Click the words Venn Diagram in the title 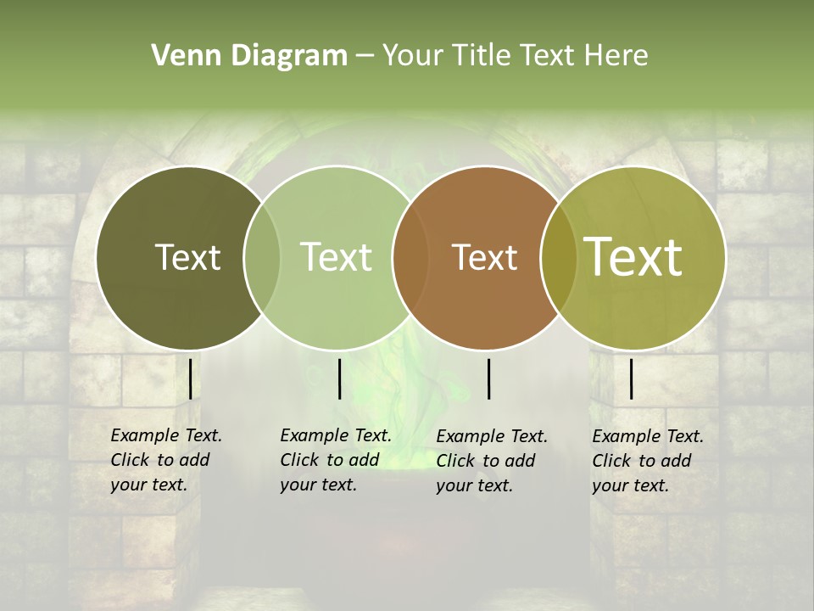(x=249, y=56)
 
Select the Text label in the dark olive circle (x=187, y=257)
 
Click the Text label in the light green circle (x=336, y=257)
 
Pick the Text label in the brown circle (x=484, y=257)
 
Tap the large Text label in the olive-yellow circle (x=633, y=257)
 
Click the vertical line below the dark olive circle (x=190, y=378)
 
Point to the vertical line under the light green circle (x=339, y=378)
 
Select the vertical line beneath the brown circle (x=488, y=378)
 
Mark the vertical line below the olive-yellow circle (x=631, y=378)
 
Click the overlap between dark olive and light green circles (x=262, y=257)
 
